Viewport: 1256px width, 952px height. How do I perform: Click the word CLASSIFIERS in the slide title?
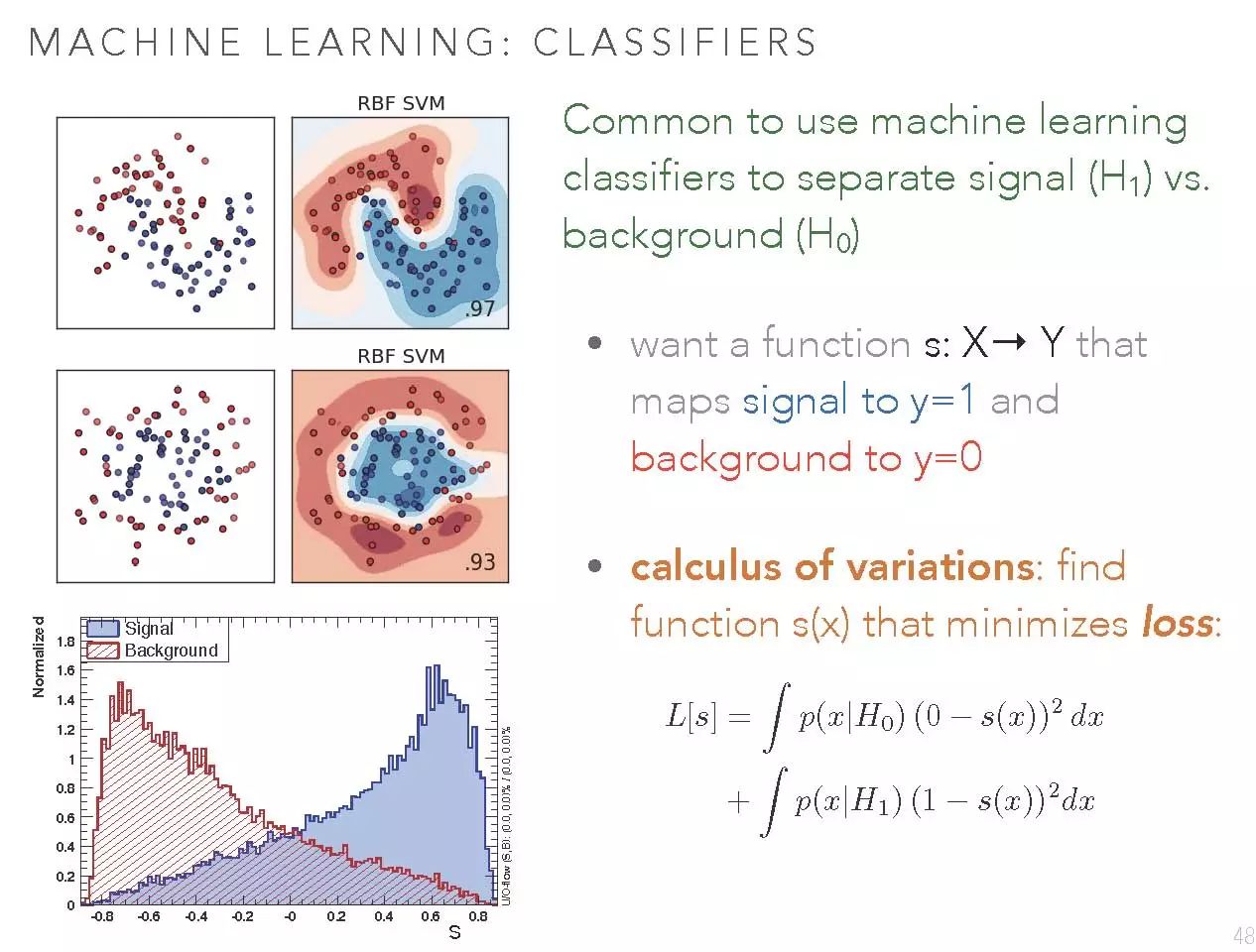click(675, 42)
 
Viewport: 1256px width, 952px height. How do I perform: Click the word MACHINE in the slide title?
click(135, 42)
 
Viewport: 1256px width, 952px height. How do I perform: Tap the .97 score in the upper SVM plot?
click(479, 308)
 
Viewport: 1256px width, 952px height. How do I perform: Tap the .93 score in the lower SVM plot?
click(479, 561)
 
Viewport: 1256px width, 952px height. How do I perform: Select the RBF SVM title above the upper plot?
click(401, 103)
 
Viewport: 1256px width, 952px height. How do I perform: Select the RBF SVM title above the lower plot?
click(401, 356)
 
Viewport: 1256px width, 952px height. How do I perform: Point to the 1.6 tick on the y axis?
click(65, 669)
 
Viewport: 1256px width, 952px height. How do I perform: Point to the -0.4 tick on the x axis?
click(195, 916)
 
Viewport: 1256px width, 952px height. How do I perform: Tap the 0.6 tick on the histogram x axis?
click(431, 916)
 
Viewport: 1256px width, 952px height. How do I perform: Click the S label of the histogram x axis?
click(454, 933)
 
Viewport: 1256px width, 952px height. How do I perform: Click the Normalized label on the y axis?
click(38, 656)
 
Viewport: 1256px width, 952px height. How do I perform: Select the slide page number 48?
click(1243, 936)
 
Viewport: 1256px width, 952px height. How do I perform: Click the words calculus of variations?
click(832, 566)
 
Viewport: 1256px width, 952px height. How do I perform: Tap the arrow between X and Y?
click(1009, 342)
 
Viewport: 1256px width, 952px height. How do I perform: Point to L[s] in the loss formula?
click(691, 715)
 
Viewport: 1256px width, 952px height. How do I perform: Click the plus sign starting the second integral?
click(738, 801)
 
